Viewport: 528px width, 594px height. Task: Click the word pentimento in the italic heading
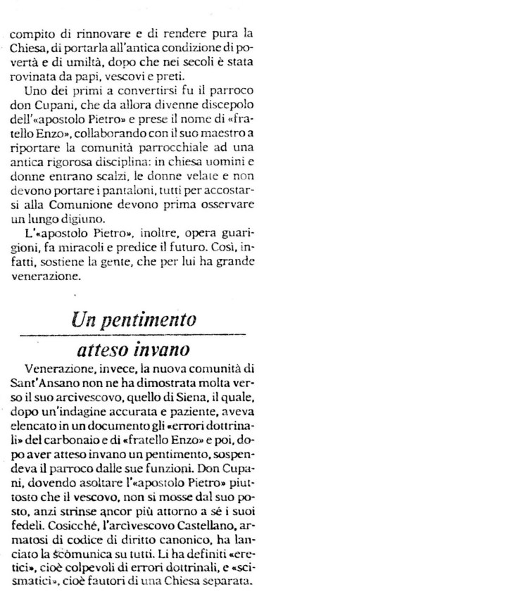click(150, 319)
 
